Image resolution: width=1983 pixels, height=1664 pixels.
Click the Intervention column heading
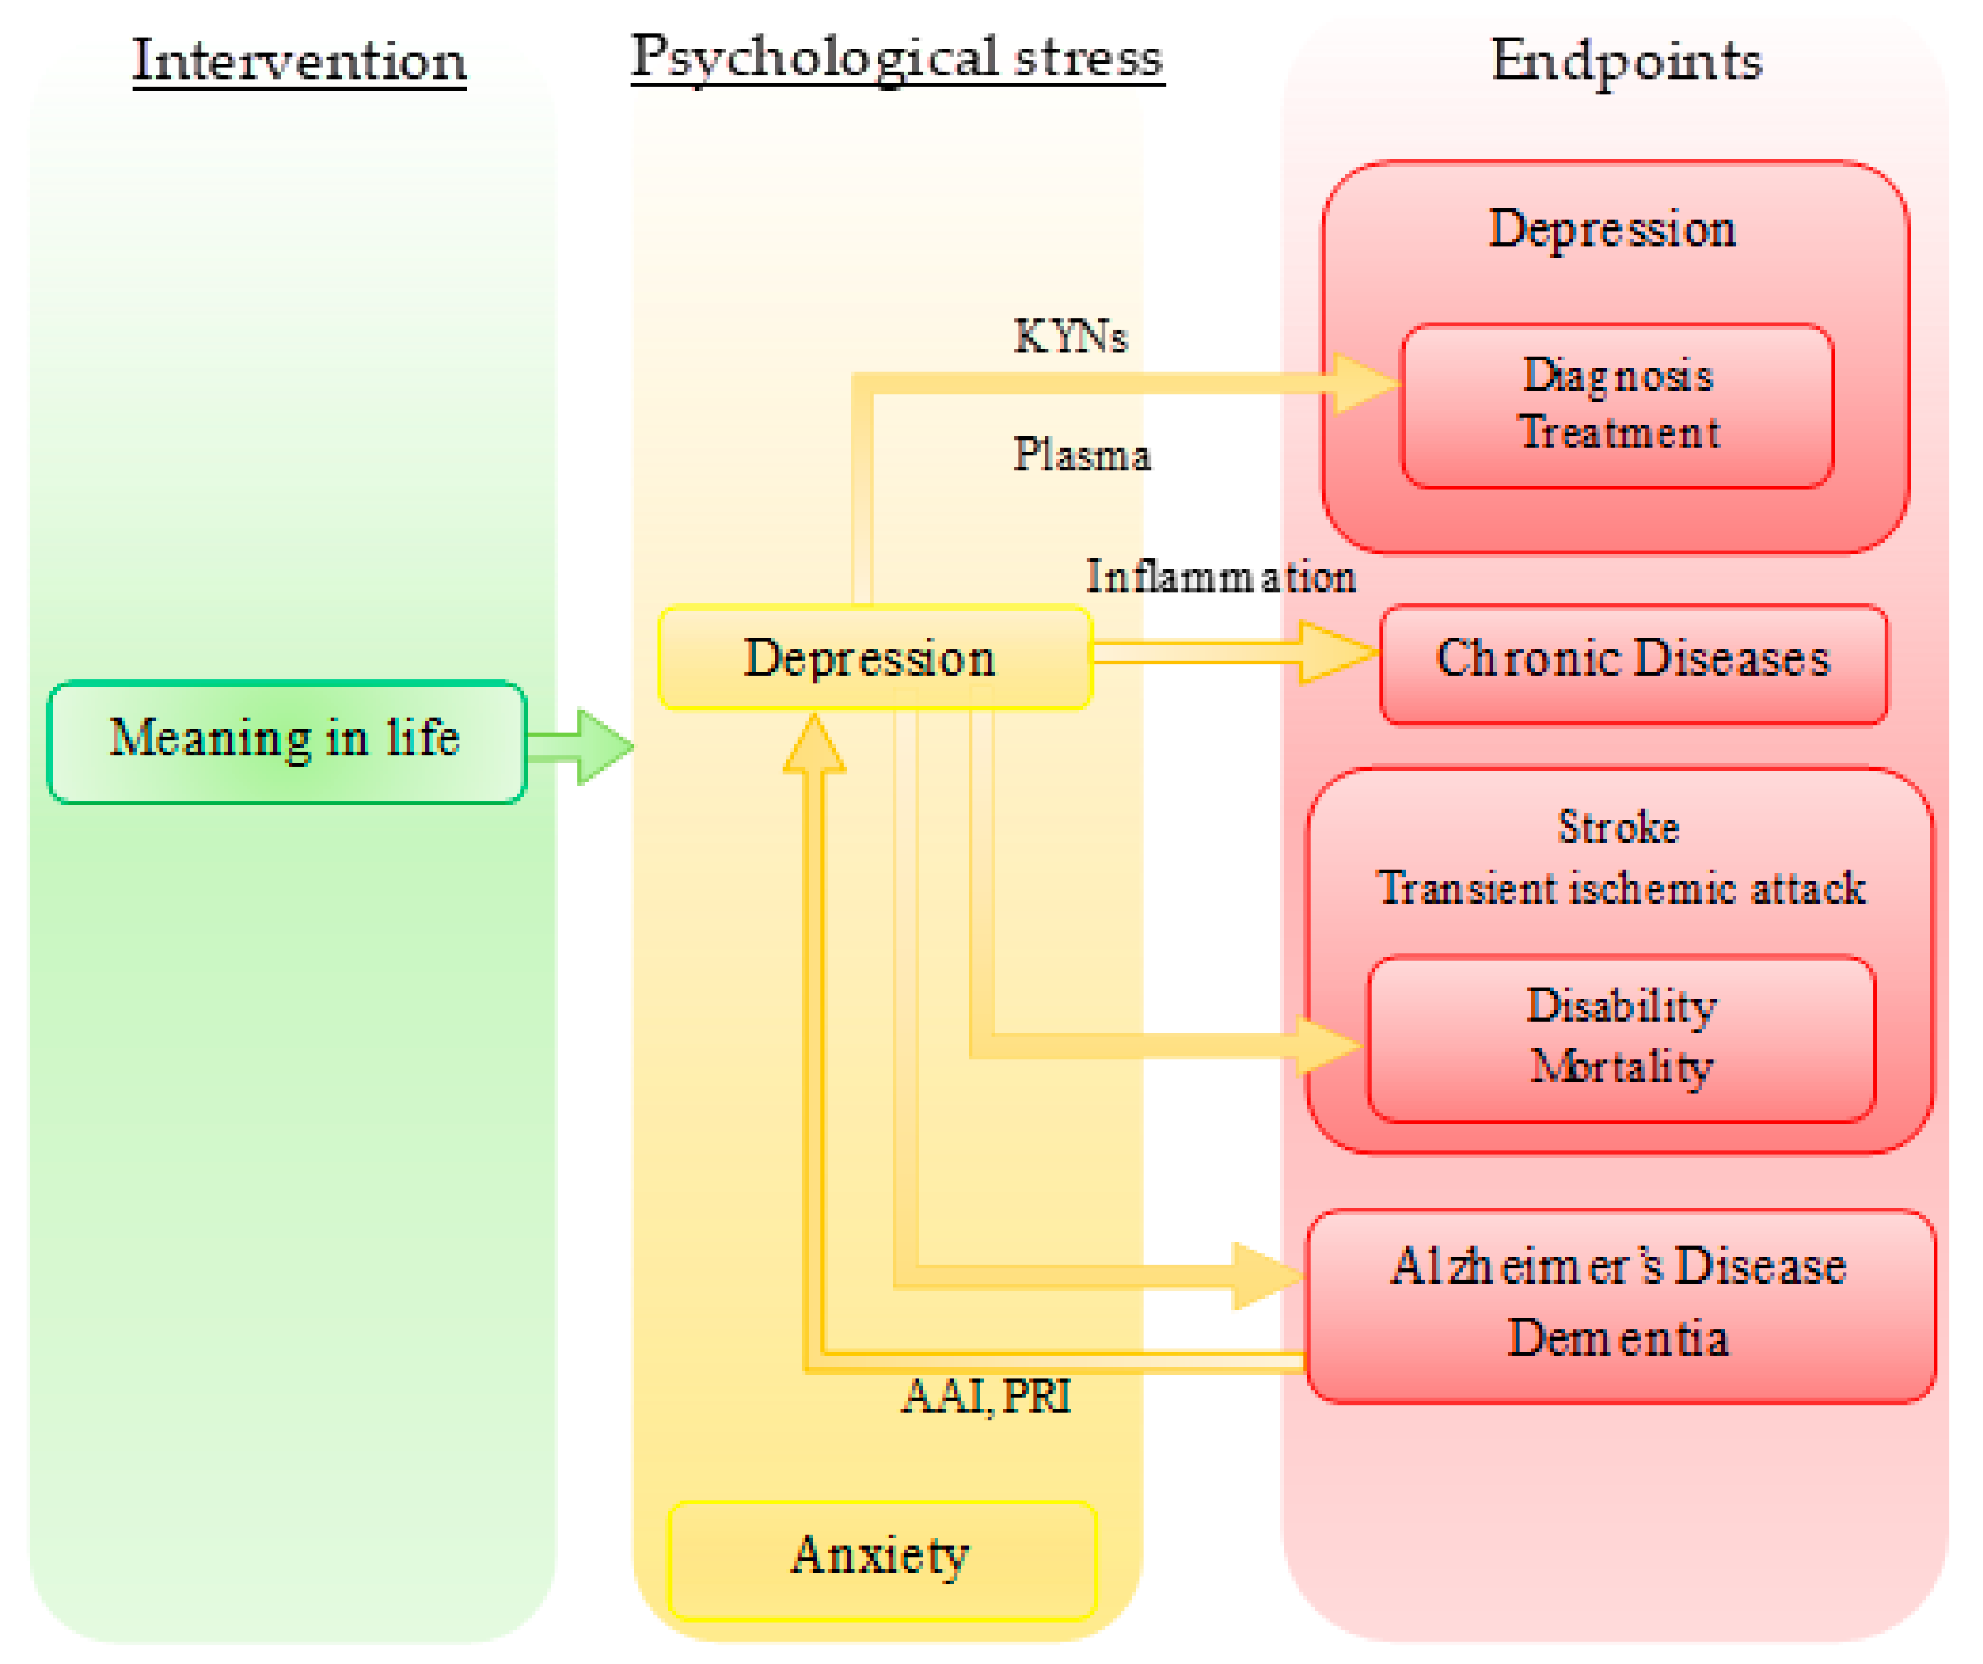300,61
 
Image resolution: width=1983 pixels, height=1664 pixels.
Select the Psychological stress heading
897,58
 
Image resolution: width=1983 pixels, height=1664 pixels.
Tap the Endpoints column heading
1626,61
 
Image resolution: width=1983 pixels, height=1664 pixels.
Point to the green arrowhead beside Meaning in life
604,747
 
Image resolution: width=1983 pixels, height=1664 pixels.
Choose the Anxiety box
881,1555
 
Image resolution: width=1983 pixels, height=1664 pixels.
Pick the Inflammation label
1220,577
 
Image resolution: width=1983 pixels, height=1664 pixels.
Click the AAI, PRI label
987,1397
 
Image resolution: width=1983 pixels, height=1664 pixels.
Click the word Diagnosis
1618,376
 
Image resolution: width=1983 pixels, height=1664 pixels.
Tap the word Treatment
1618,433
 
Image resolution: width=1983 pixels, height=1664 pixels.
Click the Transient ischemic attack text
1620,889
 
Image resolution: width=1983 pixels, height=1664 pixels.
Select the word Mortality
1620,1067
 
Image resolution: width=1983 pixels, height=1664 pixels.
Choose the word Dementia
1618,1339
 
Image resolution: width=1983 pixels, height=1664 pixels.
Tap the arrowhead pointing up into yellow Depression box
814,746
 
